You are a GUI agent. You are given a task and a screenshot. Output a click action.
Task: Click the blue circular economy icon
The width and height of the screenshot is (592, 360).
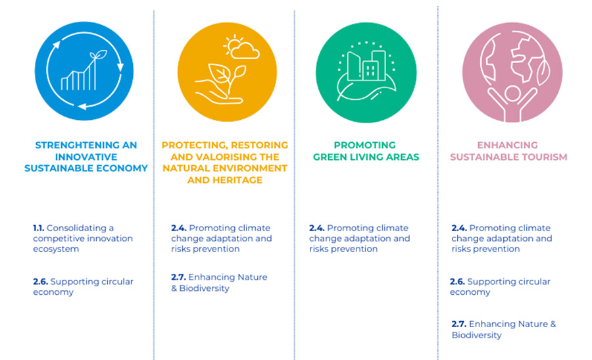point(84,71)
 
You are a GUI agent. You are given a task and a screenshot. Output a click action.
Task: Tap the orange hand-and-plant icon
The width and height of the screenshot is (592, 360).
point(228,72)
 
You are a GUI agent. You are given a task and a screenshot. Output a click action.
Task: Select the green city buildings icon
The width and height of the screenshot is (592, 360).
point(366,72)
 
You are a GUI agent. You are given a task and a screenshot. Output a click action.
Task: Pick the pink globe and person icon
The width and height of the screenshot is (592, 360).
point(512,72)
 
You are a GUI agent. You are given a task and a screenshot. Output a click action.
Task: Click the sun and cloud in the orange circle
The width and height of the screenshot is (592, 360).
point(241,47)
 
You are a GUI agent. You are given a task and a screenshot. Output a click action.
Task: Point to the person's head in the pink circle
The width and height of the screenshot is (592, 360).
point(512,93)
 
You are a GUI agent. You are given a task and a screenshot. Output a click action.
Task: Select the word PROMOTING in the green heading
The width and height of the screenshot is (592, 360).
point(364,145)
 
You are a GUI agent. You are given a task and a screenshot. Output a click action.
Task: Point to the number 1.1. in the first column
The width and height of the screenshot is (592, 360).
point(39,228)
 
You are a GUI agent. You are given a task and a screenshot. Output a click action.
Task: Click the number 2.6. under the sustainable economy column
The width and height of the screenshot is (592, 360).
point(40,282)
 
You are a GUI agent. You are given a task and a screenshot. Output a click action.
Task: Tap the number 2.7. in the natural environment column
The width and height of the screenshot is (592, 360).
point(178,277)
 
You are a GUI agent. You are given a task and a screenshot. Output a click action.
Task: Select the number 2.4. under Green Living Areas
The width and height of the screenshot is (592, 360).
point(317,228)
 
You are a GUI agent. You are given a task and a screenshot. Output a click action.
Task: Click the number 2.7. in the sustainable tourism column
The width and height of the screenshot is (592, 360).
point(459,324)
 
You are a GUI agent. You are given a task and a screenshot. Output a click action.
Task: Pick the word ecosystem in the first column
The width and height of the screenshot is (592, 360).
point(56,249)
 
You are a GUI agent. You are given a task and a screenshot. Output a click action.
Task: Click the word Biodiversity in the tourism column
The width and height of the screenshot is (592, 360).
point(476,335)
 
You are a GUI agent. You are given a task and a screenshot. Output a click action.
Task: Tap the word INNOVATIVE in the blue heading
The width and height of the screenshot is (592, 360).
point(86,157)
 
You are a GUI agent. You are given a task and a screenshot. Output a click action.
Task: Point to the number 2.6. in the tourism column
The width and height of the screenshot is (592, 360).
point(457,282)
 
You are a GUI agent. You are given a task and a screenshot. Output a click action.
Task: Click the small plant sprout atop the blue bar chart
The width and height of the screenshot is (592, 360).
point(98,55)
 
